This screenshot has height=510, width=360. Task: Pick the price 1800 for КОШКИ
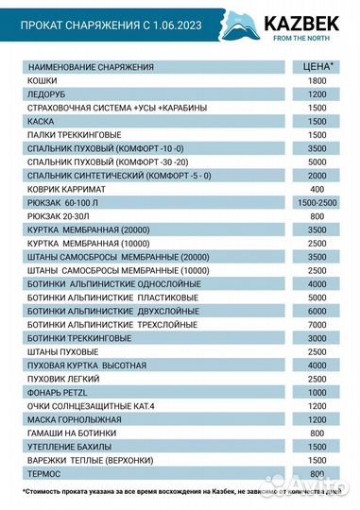(x=317, y=82)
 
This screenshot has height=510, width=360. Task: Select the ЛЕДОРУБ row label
(x=46, y=95)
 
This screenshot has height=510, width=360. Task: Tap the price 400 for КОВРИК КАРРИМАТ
(x=317, y=189)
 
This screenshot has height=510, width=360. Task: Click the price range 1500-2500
(x=317, y=202)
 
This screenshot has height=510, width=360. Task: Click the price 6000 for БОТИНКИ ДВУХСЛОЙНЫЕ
(x=317, y=311)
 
